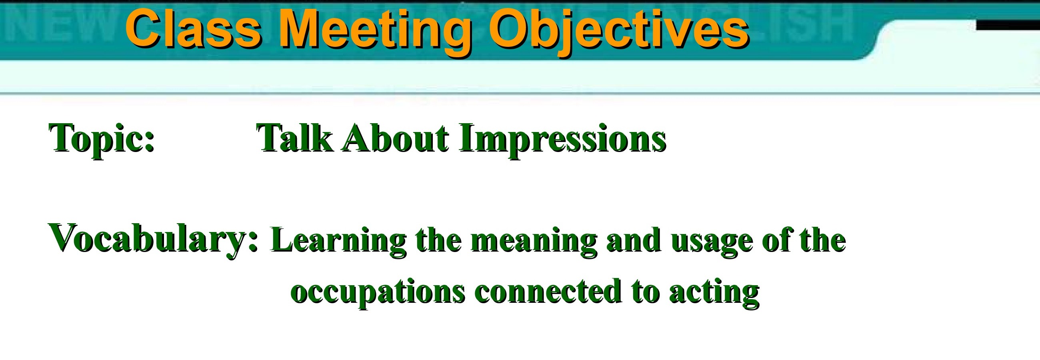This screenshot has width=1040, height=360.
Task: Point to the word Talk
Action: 295,138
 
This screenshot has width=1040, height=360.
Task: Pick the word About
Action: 396,138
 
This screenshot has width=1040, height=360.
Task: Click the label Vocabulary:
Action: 154,240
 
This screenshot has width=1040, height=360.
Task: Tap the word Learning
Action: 339,242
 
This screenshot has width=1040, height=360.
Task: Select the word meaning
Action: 534,242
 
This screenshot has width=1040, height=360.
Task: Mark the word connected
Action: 548,291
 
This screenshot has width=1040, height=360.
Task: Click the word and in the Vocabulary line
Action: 634,240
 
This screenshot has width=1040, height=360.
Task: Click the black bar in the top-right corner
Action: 1008,25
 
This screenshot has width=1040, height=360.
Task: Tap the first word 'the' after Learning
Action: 438,240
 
